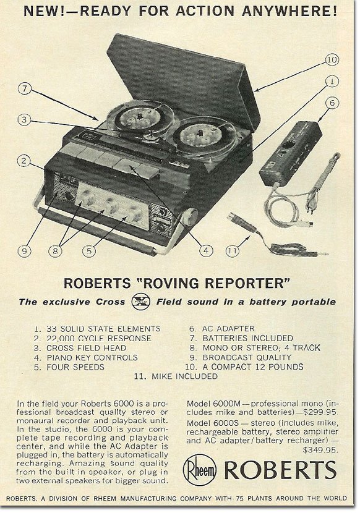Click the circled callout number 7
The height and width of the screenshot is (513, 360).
pyautogui.click(x=25, y=88)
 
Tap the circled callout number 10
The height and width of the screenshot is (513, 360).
pyautogui.click(x=332, y=59)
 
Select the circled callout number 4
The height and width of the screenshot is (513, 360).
pyautogui.click(x=206, y=250)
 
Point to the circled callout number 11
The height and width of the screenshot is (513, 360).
pyautogui.click(x=233, y=250)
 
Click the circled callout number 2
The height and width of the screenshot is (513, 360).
pyautogui.click(x=24, y=161)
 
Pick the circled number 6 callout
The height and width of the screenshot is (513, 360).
pyautogui.click(x=332, y=103)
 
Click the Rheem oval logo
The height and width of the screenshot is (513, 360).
pyautogui.click(x=200, y=470)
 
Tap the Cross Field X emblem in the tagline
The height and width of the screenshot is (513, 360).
pyautogui.click(x=141, y=302)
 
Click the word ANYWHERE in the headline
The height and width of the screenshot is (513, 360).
pyautogui.click(x=289, y=12)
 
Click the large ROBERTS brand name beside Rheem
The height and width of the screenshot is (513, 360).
pyautogui.click(x=280, y=470)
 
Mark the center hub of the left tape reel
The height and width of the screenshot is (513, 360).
pyautogui.click(x=140, y=117)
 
